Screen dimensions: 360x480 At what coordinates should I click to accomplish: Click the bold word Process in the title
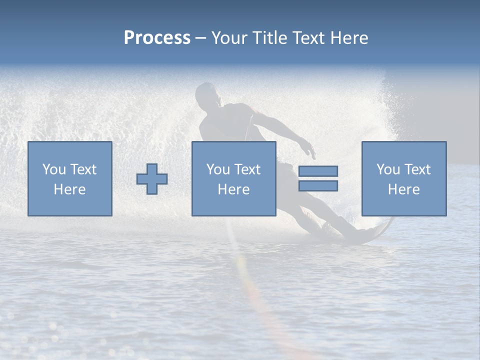pyautogui.click(x=157, y=38)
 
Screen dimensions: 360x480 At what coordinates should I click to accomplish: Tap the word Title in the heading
pyautogui.click(x=269, y=38)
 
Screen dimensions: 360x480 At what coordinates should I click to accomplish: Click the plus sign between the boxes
pyautogui.click(x=152, y=179)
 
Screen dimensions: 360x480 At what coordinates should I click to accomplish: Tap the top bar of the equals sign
pyautogui.click(x=318, y=171)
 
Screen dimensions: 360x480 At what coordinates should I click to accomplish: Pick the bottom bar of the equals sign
pyautogui.click(x=318, y=185)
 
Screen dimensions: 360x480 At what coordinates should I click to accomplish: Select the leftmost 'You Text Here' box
pyautogui.click(x=69, y=178)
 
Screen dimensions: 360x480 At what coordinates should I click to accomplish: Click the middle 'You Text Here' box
pyautogui.click(x=233, y=178)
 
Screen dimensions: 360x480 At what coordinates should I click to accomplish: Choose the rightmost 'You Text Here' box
pyautogui.click(x=403, y=178)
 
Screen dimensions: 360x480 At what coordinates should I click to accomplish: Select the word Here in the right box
pyautogui.click(x=403, y=189)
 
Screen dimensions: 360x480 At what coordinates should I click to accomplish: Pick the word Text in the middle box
pyautogui.click(x=246, y=169)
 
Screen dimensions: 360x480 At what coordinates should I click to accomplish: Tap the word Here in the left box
pyautogui.click(x=69, y=189)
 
